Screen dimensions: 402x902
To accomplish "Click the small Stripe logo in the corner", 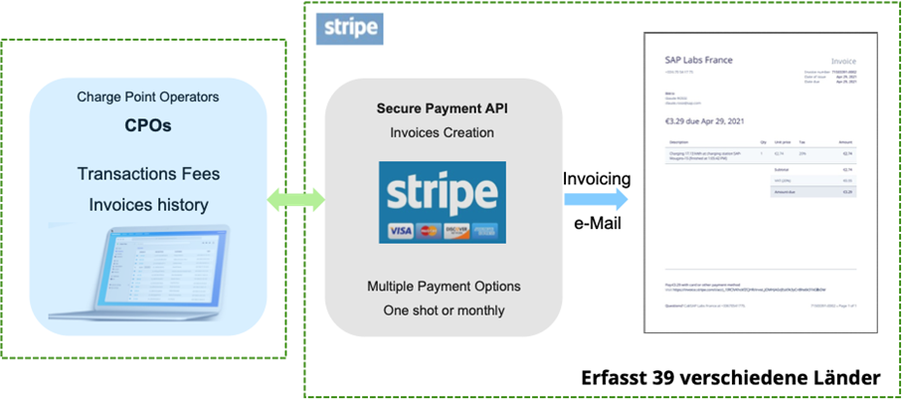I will coord(348,28).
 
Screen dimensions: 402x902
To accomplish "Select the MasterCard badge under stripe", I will coord(429,231).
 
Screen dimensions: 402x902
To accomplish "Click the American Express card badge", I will coord(486,231).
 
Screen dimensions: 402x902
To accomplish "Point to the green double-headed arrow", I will coord(296,200).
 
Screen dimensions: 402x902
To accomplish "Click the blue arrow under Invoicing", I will coord(596,200).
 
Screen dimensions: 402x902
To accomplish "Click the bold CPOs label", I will coord(147,126).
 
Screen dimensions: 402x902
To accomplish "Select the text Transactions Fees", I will coord(148,174).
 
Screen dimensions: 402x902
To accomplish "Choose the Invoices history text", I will coord(148,205).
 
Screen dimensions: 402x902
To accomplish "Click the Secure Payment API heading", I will coord(443,107).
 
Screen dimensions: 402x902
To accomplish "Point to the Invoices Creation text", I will coord(443,132).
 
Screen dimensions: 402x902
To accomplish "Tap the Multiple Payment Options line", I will coord(444,287).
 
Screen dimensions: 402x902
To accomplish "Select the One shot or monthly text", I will coord(444,310).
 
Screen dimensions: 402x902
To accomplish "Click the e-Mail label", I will coord(597,225).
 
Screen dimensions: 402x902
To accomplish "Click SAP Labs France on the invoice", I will coord(698,60).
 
